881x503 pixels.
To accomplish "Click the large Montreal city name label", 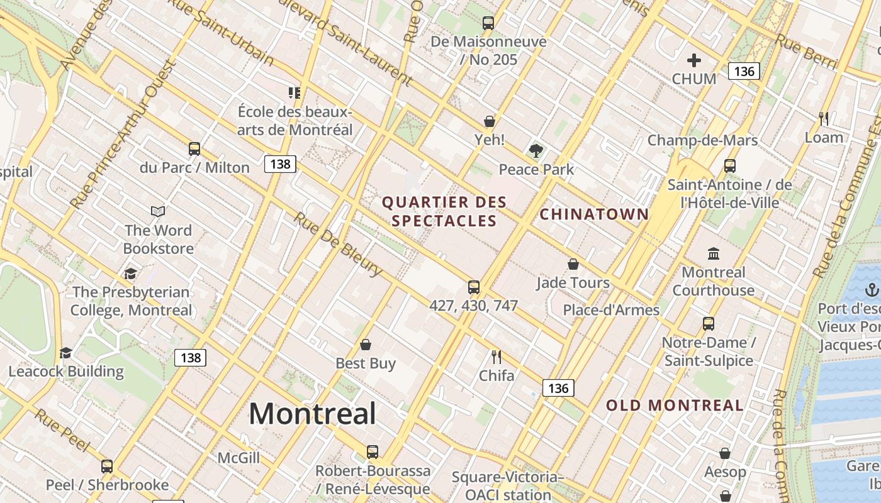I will [x=313, y=414].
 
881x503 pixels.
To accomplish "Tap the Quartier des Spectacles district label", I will [x=444, y=211].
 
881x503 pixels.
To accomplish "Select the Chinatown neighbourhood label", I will [x=594, y=214].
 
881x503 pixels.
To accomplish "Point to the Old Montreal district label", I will [x=675, y=406].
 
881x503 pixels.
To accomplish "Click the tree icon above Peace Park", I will [x=536, y=151].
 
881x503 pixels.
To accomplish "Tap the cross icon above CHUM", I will [x=694, y=60].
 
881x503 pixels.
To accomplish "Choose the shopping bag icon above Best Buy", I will [x=366, y=345].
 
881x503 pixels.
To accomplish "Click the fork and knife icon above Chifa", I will [x=497, y=357].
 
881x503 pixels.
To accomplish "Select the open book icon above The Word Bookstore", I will [x=158, y=212].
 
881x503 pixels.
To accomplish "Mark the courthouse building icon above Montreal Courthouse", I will [x=714, y=254].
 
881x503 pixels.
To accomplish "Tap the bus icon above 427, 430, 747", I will [x=474, y=287].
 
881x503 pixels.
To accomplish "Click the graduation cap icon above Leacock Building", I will [x=66, y=353].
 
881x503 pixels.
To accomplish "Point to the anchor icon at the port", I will [x=872, y=290].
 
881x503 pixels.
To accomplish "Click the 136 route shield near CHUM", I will [x=744, y=71].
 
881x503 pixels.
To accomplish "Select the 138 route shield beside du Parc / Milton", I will [x=280, y=164].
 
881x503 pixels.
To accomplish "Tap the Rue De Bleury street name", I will [x=338, y=245].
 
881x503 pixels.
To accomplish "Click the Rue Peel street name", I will [x=62, y=430].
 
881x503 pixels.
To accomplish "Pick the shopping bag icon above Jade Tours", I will [x=573, y=264].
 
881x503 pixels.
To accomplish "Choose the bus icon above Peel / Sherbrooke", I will [x=107, y=467].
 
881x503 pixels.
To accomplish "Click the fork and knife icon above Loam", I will [x=824, y=118].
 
